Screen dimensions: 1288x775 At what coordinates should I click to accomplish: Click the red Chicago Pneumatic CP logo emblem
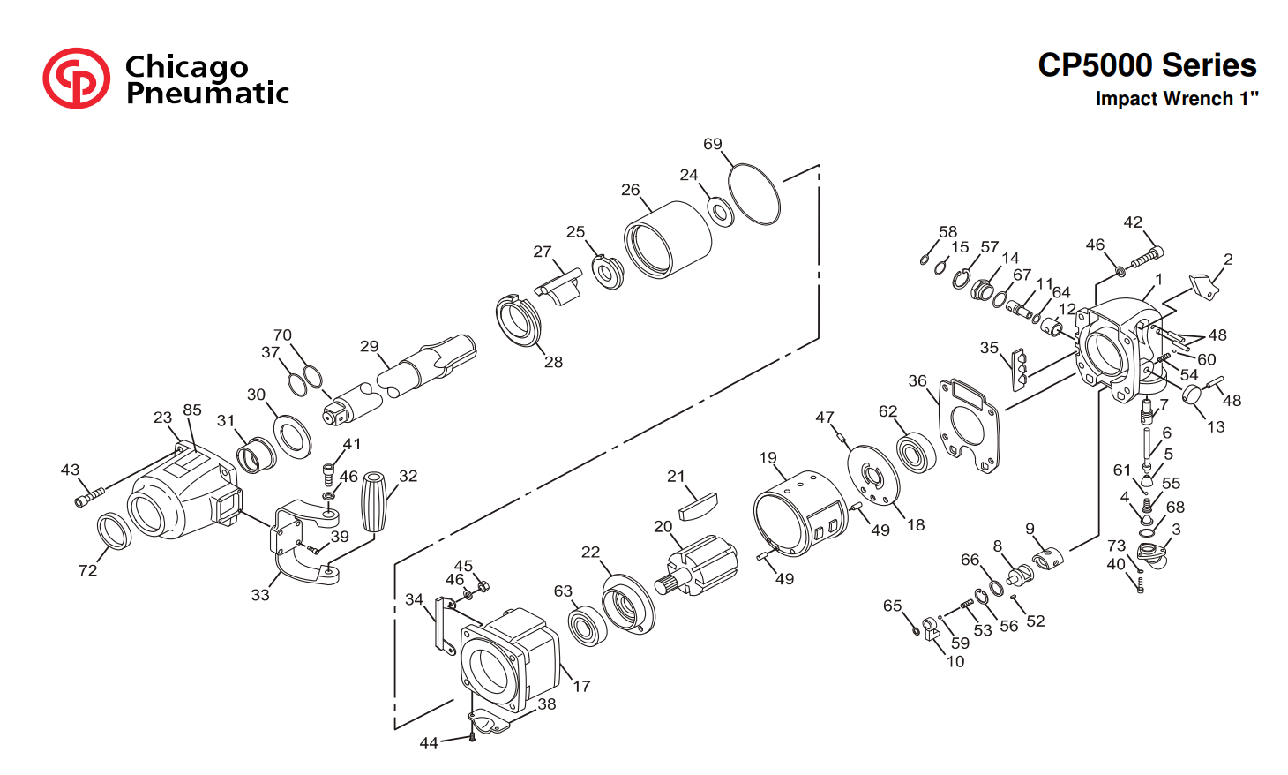76,79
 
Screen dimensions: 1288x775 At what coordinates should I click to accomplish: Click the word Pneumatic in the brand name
207,94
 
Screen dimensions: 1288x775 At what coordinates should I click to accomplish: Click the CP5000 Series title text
1147,65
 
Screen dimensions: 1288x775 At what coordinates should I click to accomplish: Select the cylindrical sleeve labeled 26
668,240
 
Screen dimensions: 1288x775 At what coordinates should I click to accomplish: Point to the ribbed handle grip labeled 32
374,501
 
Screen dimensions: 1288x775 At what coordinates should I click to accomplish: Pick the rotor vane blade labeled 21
699,506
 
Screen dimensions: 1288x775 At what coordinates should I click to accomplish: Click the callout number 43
71,470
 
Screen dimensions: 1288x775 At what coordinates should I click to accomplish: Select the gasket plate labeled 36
970,425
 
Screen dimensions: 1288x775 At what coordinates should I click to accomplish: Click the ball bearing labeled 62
917,454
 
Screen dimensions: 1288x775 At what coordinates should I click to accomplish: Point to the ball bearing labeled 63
588,625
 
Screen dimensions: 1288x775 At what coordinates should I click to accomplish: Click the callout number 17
582,686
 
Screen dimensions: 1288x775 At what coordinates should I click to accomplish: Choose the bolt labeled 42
1147,258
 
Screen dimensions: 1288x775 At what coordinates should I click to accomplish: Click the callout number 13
1216,426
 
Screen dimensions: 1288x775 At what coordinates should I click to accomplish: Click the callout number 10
955,662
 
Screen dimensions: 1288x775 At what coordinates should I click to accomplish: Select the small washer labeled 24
720,212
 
